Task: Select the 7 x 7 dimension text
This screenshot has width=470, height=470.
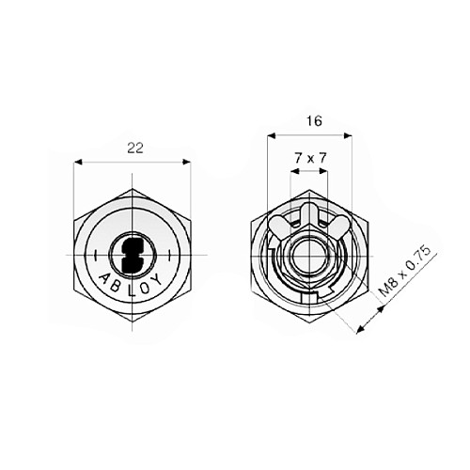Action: [309, 159]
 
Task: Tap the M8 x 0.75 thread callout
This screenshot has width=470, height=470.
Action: [404, 274]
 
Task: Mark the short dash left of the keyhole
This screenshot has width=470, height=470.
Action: [97, 255]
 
